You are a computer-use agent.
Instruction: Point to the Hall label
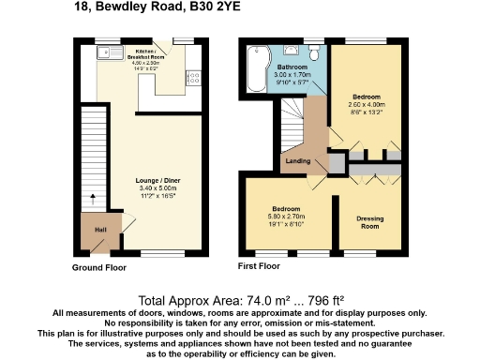(x=99, y=229)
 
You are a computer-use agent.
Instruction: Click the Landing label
(x=298, y=161)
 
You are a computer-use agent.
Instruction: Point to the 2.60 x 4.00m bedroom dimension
(x=365, y=105)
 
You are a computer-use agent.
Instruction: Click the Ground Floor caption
(x=99, y=267)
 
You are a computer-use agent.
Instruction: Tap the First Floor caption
(x=260, y=267)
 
